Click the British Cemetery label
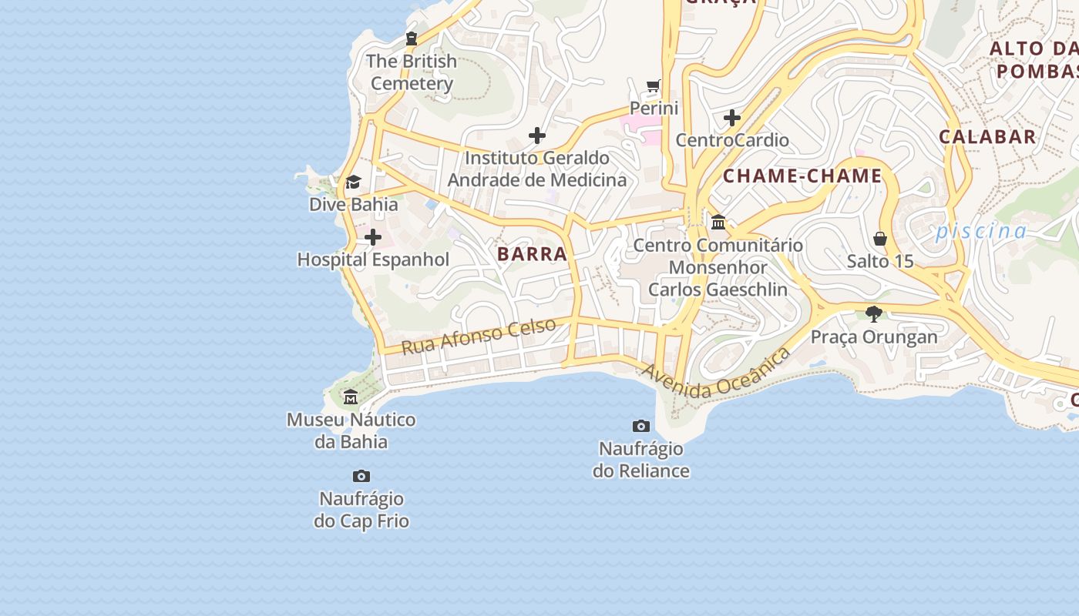(x=412, y=72)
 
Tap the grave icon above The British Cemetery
(x=412, y=38)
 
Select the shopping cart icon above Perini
(x=654, y=85)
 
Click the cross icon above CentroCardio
(x=732, y=118)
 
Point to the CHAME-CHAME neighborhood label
(x=802, y=176)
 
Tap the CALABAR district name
(x=987, y=137)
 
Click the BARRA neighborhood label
(x=532, y=254)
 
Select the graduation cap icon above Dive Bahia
(x=353, y=182)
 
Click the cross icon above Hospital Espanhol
(x=373, y=237)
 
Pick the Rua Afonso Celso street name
(x=479, y=336)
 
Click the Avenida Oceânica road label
(x=716, y=373)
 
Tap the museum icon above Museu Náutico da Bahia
(x=351, y=397)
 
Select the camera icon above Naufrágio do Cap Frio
(x=361, y=477)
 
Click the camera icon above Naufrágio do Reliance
(x=640, y=426)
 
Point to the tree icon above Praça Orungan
(x=873, y=313)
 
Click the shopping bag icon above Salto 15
(x=880, y=239)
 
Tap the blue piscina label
(x=981, y=231)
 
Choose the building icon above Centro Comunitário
(x=718, y=223)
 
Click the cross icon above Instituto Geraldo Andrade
(x=537, y=136)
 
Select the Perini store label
(x=654, y=108)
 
